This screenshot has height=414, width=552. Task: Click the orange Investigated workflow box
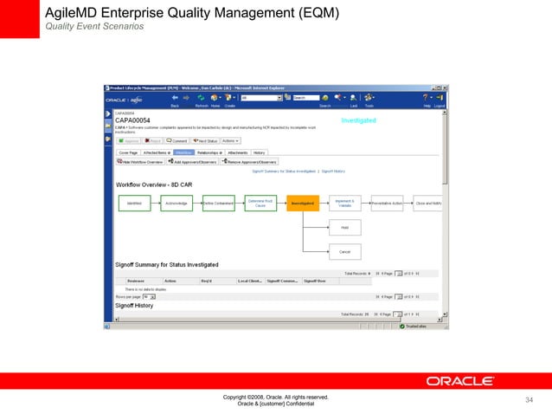coord(303,203)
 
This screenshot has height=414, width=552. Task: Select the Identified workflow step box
coord(134,203)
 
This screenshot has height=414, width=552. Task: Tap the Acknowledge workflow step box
coord(177,203)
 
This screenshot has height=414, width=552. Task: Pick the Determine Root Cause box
coord(260,203)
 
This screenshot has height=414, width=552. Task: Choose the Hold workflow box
coord(344,227)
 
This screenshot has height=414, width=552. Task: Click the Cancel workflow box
coord(344,251)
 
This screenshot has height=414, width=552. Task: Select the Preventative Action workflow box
coord(387,203)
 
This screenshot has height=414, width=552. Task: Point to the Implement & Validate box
coord(344,203)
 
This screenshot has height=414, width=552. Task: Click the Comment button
coord(177,139)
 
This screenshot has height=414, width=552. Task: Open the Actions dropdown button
coord(230,139)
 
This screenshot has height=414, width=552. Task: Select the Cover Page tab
coord(127,151)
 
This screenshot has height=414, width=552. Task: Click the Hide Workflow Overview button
coord(140,161)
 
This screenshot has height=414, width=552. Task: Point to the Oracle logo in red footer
coord(459,380)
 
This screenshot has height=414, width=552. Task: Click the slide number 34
coord(530,399)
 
